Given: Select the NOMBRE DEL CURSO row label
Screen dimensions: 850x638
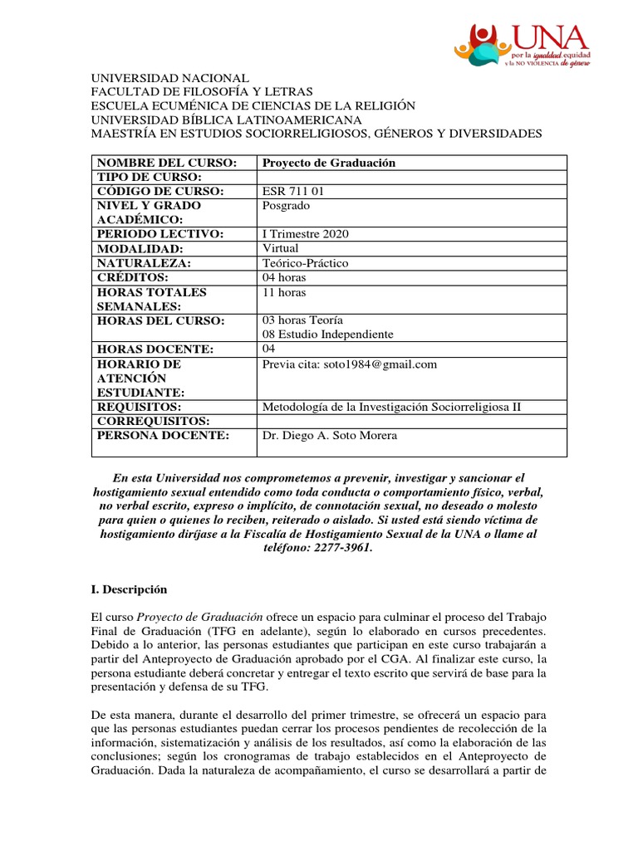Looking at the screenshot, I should (167, 163).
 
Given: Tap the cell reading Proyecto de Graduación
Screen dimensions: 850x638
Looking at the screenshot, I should (329, 163).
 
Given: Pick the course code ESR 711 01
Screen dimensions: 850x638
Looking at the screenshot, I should (293, 192).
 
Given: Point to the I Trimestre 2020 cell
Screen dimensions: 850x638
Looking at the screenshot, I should (306, 234).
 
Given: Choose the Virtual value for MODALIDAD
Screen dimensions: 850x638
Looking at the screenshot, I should (280, 248).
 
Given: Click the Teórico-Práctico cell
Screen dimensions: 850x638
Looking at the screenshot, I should (305, 263).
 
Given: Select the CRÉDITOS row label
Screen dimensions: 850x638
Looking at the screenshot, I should (133, 277).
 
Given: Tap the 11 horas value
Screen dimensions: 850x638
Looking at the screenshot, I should (284, 292).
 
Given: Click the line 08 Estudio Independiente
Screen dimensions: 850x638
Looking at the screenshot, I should (327, 335).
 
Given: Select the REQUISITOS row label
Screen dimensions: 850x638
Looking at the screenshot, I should (140, 407).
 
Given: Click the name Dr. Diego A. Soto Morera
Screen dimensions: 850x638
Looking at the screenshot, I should (330, 436).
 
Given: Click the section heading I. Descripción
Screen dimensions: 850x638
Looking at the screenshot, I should (129, 589).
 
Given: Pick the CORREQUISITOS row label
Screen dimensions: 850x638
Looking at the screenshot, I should (151, 421).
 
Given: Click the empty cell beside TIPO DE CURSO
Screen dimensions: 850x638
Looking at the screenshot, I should (412, 177).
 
